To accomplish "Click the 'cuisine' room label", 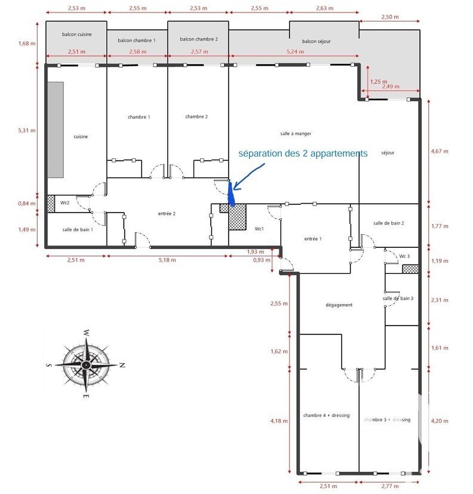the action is click(x=81, y=137).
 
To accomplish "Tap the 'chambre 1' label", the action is click(x=139, y=117).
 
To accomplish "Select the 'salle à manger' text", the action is click(x=296, y=134).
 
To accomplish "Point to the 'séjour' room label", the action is click(x=388, y=153).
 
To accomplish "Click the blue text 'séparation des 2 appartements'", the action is click(x=303, y=154).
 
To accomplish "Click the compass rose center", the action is click(x=85, y=365).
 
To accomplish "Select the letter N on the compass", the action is click(x=122, y=366).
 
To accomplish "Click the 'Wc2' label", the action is click(x=64, y=202).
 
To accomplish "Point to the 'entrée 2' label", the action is click(x=167, y=214).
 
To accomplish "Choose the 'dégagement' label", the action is click(x=339, y=305).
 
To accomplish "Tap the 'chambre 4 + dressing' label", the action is click(x=326, y=415).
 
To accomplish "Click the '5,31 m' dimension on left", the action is click(x=27, y=130).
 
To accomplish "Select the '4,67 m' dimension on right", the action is click(x=440, y=151).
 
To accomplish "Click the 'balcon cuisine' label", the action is click(x=77, y=34).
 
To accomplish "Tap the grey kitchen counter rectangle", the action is click(x=56, y=130).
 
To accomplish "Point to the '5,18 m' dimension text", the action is click(x=167, y=260).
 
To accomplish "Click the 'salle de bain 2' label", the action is click(x=389, y=223).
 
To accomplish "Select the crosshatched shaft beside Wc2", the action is click(x=51, y=204).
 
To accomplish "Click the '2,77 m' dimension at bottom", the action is click(x=390, y=486).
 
